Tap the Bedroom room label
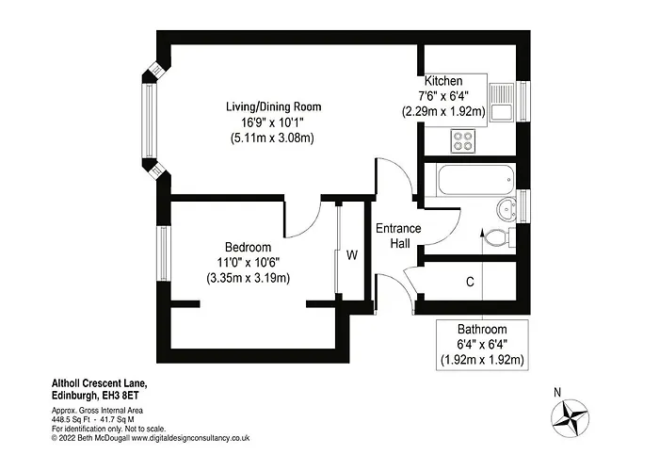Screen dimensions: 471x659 click(x=248, y=246)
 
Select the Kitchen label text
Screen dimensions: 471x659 click(x=442, y=80)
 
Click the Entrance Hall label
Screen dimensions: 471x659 click(x=398, y=236)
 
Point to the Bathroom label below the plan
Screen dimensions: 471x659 click(x=482, y=330)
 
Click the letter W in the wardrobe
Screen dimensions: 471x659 click(x=351, y=254)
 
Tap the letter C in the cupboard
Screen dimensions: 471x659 click(x=469, y=282)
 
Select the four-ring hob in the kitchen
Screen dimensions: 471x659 click(x=463, y=140)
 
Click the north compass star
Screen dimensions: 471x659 click(x=571, y=415)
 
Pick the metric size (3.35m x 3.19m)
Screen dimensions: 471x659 click(x=248, y=278)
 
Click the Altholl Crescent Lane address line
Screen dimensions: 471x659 click(x=99, y=384)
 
